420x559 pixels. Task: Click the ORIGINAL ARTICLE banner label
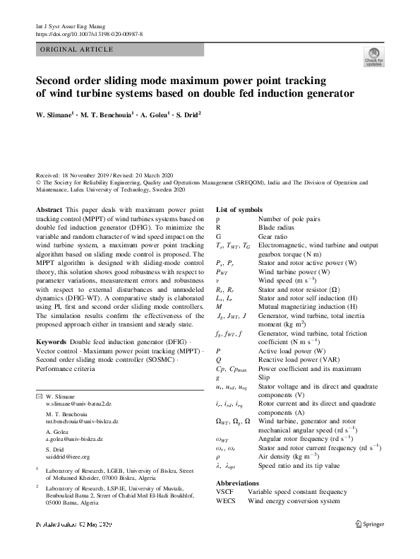tap(74, 49)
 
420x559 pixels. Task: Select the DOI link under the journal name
tap(88, 33)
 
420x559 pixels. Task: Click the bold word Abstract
tap(48, 210)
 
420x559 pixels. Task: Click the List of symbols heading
tap(239, 210)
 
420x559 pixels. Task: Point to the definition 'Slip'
tap(265, 378)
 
